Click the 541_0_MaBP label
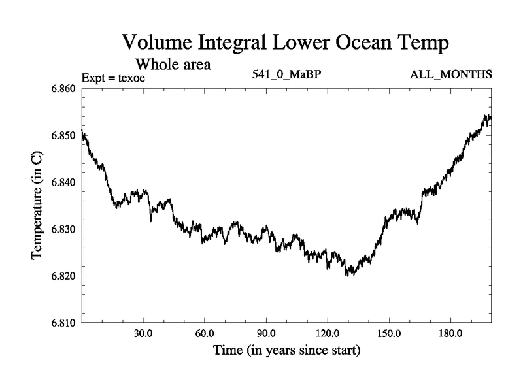(287, 74)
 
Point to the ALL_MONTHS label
(450, 74)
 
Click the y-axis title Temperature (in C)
(38, 205)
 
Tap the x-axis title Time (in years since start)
(287, 351)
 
